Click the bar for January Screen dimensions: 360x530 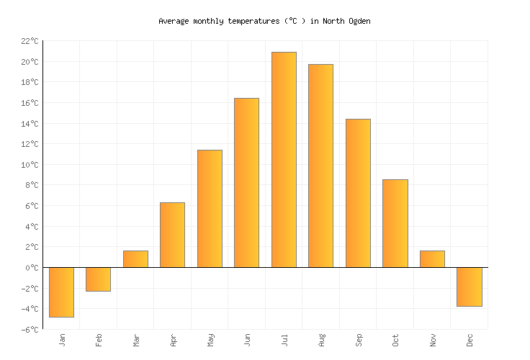(x=61, y=292)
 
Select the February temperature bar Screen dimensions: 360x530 (x=98, y=279)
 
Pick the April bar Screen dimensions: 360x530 (x=172, y=235)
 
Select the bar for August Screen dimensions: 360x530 (x=320, y=166)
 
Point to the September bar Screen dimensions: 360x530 (x=358, y=193)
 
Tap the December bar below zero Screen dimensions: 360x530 (x=469, y=287)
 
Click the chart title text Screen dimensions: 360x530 (x=264, y=21)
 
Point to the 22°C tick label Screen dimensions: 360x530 (x=30, y=41)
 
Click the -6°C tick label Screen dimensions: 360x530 (x=30, y=330)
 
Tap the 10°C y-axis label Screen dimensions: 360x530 (x=30, y=165)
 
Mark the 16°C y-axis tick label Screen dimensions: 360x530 (x=30, y=103)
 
